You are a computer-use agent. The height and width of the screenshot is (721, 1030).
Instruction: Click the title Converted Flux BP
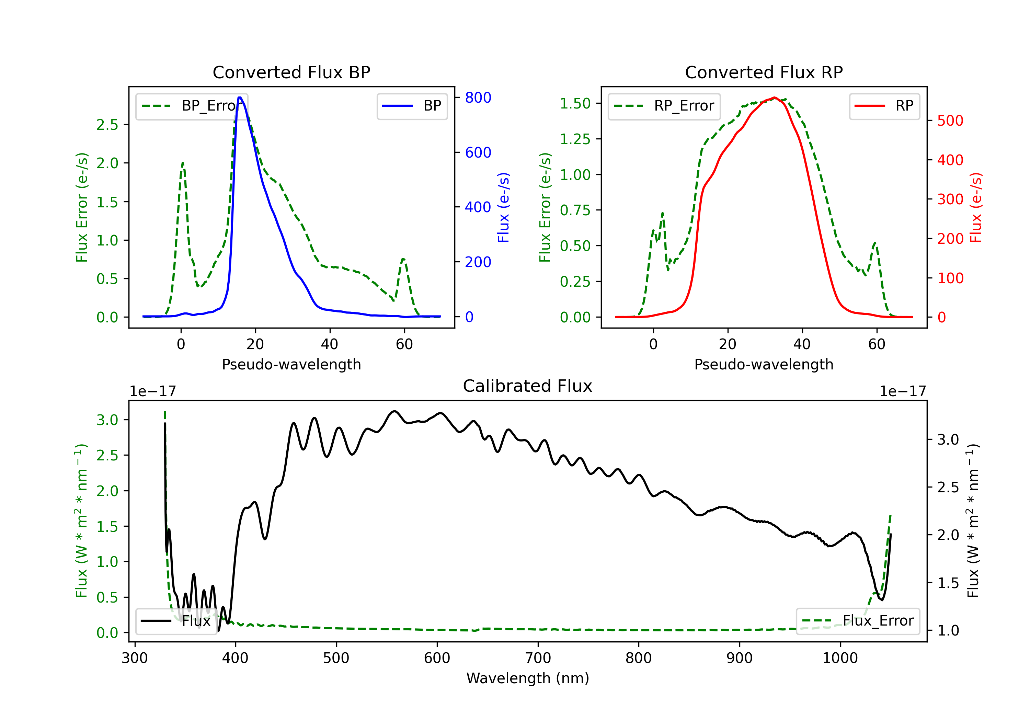coord(291,72)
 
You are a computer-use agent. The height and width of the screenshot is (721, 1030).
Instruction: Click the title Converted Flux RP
coord(764,72)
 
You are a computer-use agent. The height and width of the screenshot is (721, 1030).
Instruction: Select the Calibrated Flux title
coord(528,386)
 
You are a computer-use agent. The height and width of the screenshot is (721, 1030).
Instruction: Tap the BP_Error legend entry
coord(192,106)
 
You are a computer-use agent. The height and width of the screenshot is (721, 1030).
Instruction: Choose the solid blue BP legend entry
coord(412,106)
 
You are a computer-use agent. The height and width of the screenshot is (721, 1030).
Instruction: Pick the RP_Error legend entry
coord(664,106)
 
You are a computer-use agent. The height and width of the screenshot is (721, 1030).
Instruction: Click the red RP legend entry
coord(884,106)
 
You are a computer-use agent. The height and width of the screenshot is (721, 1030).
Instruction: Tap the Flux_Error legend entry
coord(858,621)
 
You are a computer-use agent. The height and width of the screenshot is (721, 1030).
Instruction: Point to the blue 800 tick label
coord(478,98)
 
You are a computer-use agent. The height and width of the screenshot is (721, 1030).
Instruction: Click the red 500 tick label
coord(950,121)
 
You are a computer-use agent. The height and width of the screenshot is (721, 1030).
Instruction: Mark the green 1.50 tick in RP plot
coord(575,104)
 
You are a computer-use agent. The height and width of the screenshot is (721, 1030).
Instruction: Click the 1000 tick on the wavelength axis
coord(840,658)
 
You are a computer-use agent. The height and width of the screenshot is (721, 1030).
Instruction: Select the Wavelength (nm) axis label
coord(528,678)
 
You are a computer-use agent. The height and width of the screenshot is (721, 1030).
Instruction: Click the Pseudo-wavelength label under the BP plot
coord(291,364)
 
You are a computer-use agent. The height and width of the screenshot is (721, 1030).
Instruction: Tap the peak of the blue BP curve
coord(240,98)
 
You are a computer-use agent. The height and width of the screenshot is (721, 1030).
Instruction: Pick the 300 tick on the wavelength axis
coord(135,658)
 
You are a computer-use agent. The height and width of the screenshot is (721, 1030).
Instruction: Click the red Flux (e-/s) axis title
coord(976,208)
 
